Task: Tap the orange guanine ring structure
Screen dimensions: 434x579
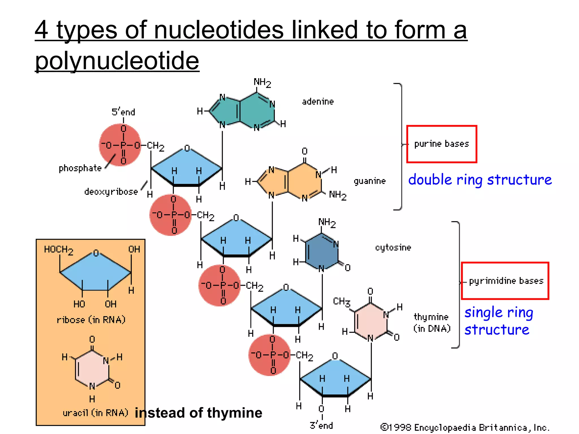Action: pos(294,181)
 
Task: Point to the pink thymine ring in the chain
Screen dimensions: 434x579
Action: pos(370,321)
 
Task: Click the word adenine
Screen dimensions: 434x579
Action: pos(318,101)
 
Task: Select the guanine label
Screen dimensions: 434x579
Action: pos(370,181)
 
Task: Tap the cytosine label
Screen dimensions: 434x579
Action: pos(393,248)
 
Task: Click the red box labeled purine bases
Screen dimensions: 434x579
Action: pos(442,144)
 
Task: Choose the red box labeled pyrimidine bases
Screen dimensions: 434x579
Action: pos(505,281)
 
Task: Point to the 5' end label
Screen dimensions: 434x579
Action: pos(123,112)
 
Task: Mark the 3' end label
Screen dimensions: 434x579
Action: pos(321,425)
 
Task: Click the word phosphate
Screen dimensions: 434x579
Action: pos(80,168)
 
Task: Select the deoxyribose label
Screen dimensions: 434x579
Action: pos(111,192)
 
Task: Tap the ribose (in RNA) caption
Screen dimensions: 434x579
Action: pos(91,320)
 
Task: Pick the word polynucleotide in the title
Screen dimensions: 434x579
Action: pos(117,60)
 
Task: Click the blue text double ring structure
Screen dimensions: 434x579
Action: pos(480,180)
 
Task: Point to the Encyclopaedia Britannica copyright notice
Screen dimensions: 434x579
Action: pos(465,427)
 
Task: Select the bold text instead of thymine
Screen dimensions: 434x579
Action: pos(198,413)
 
